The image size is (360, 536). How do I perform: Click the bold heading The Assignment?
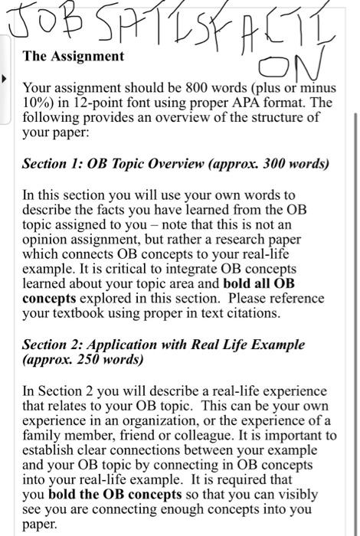pyautogui.click(x=74, y=56)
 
